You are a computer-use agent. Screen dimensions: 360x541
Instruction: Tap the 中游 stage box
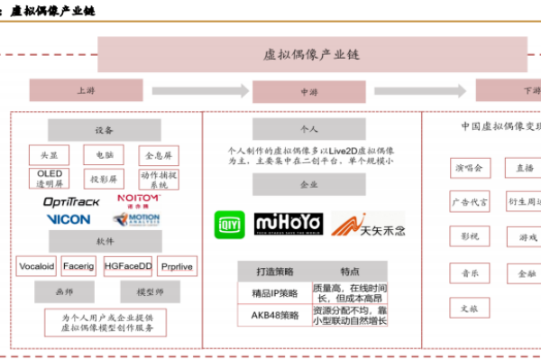coord(304,91)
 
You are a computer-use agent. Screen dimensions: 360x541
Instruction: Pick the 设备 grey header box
coord(104,129)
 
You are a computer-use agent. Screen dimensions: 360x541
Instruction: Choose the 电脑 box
coord(104,154)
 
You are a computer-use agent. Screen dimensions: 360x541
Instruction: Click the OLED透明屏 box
coord(50,179)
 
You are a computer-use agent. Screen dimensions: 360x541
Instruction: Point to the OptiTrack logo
coord(72,201)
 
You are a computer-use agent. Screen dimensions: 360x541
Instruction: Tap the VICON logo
coord(69,219)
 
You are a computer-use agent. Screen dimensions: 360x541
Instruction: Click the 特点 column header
coord(350,272)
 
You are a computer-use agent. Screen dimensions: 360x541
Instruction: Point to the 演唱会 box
coord(470,168)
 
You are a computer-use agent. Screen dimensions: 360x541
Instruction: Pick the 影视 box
coord(470,236)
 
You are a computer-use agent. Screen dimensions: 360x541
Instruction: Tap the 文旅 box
coord(470,307)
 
